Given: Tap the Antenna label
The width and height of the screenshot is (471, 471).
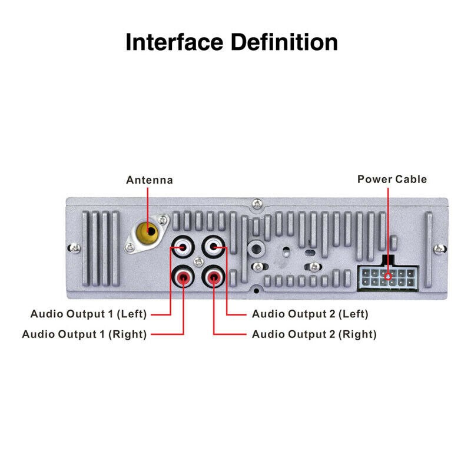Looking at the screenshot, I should click(150, 180).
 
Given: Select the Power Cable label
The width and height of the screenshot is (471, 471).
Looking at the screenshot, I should click(392, 179).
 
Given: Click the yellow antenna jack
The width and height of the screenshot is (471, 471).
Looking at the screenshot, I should click(150, 231).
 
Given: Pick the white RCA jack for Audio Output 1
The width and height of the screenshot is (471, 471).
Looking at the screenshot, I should click(183, 247).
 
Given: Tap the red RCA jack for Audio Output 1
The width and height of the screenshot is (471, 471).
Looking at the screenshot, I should click(183, 276).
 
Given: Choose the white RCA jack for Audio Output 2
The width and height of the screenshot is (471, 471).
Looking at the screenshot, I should click(213, 247).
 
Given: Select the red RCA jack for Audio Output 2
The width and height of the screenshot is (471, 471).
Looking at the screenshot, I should click(213, 276).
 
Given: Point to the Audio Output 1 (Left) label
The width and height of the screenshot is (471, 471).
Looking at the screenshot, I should click(88, 314).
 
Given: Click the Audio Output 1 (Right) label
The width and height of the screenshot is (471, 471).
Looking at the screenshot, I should click(84, 334).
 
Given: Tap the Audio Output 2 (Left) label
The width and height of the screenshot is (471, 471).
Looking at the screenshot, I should click(310, 314).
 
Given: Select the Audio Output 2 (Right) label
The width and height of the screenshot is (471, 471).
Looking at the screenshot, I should click(314, 334).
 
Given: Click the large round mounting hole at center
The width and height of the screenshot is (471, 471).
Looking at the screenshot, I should click(256, 247).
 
